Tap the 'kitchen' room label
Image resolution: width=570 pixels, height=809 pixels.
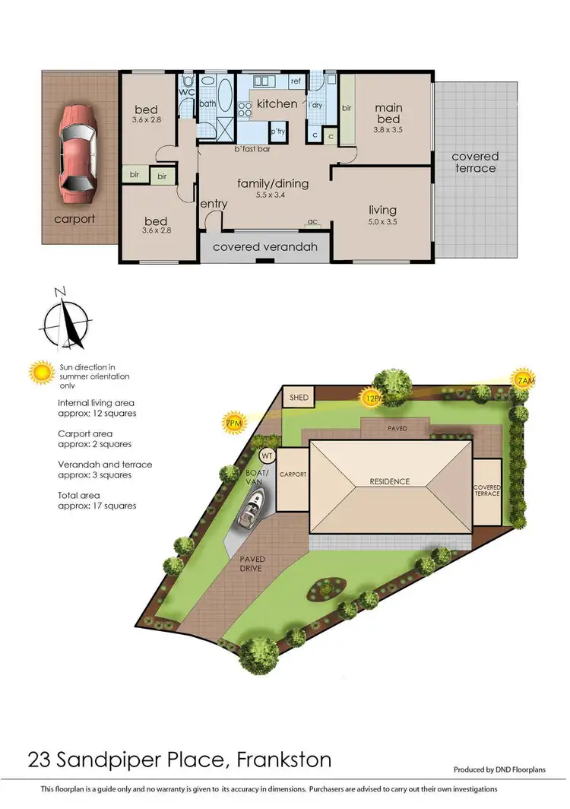click(x=277, y=103)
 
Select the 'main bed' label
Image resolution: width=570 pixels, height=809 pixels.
click(x=388, y=114)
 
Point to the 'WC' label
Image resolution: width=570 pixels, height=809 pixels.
click(x=187, y=92)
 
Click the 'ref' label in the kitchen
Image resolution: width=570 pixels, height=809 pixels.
click(x=296, y=80)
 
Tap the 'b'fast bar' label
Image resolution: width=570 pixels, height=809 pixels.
click(x=252, y=149)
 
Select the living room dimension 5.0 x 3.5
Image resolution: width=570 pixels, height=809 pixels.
click(x=383, y=222)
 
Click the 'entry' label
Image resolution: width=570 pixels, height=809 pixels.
click(x=214, y=204)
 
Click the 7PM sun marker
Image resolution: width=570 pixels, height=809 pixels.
click(x=234, y=423)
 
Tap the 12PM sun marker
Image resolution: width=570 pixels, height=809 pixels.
click(x=372, y=397)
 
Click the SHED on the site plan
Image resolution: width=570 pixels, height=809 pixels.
click(x=293, y=397)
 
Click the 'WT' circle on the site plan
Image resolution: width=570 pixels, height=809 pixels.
click(x=267, y=455)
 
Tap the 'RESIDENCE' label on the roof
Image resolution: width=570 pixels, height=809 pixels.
click(x=389, y=481)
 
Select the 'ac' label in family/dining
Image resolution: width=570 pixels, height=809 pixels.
click(x=312, y=223)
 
